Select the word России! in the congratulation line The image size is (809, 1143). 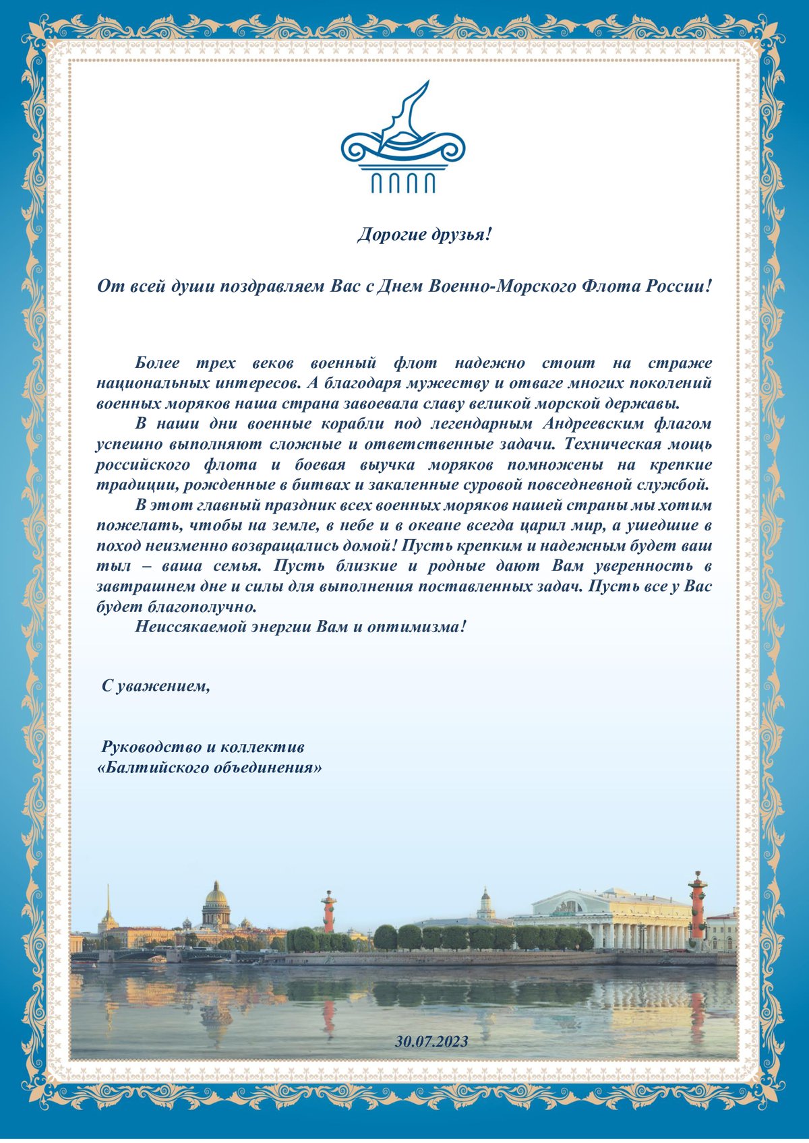[679, 286]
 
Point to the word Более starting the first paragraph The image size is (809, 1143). [157, 363]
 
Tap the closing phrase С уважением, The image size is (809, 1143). [156, 687]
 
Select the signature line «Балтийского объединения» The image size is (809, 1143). [210, 768]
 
